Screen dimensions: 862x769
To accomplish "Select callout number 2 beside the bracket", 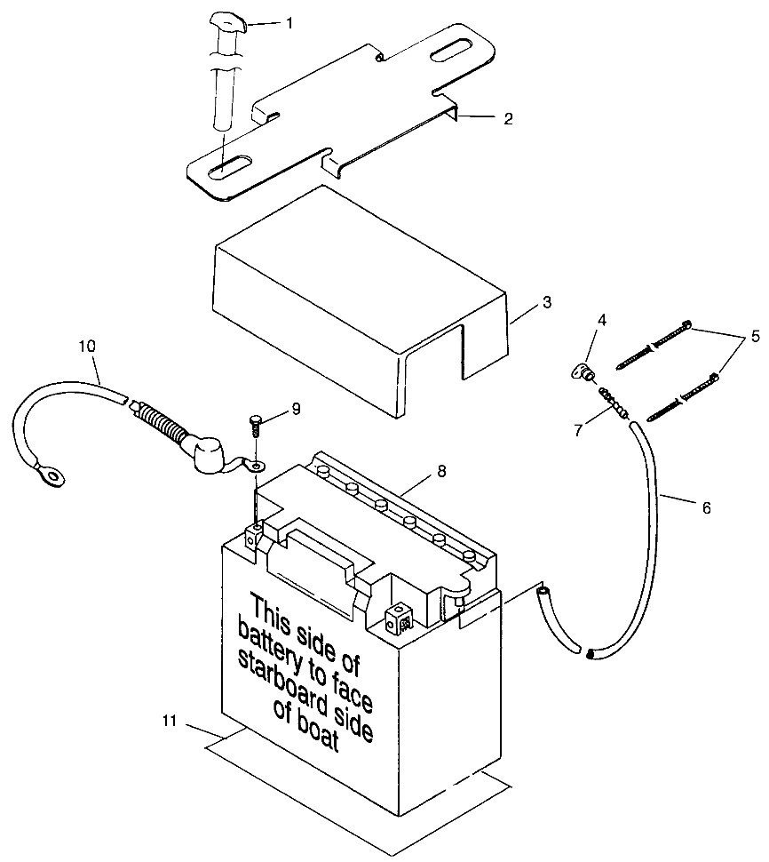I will click(507, 118).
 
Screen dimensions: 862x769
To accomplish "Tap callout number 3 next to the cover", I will click(547, 303).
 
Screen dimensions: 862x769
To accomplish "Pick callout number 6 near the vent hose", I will click(706, 507).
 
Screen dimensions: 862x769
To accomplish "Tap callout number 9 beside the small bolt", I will click(296, 409).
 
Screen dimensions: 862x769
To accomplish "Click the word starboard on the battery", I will click(287, 683).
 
